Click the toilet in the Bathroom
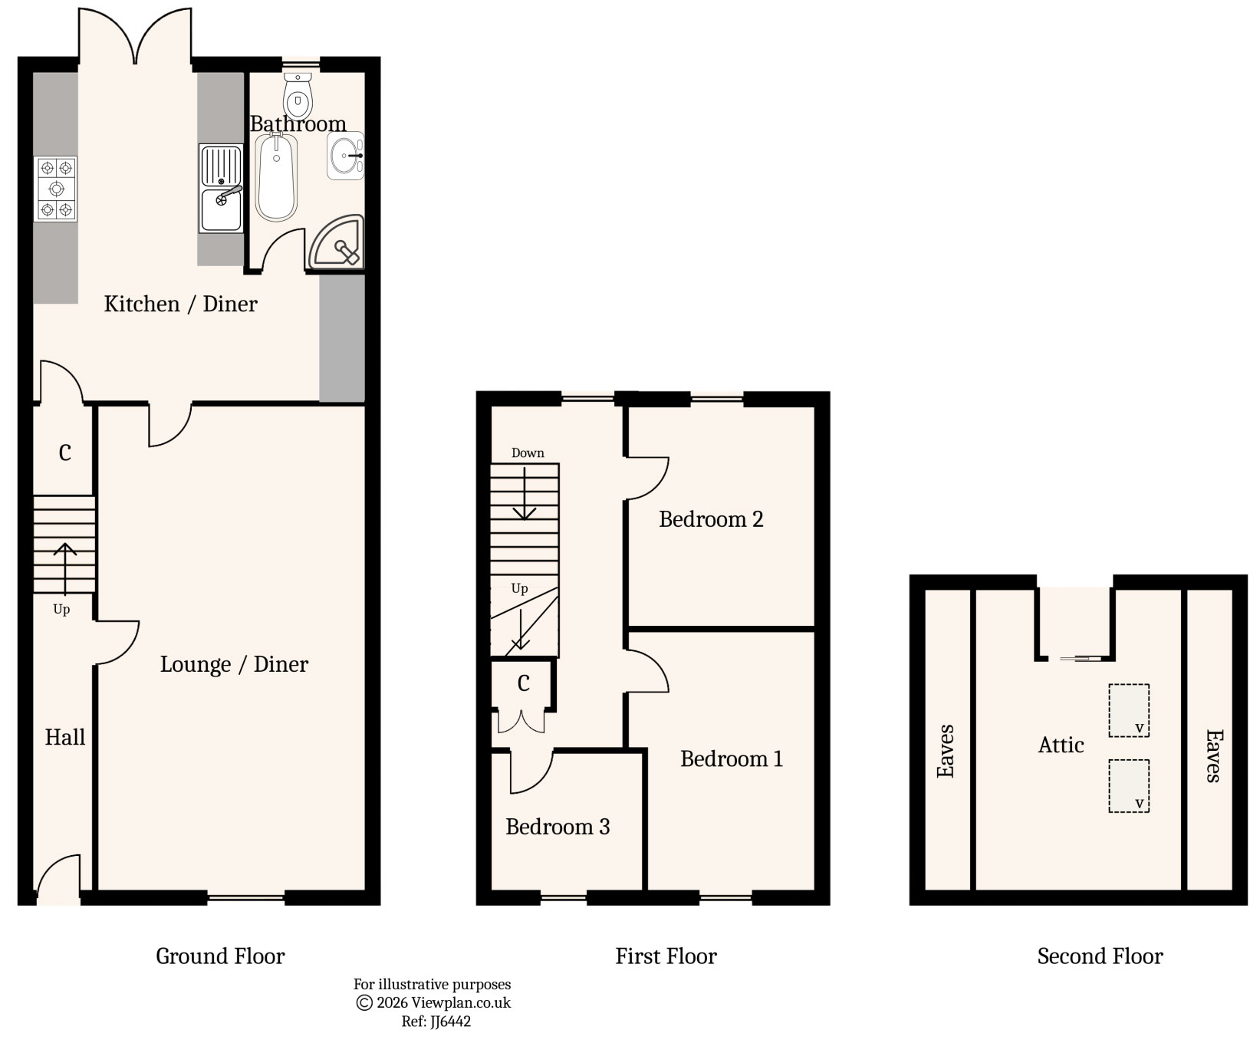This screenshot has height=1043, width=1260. coord(298,96)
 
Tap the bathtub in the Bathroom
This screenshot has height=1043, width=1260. coord(276,176)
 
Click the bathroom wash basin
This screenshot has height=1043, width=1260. coord(345,156)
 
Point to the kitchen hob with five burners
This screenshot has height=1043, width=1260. coord(56,189)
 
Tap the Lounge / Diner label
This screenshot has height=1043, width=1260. coord(234,664)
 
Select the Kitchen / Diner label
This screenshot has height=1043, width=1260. coord(180,304)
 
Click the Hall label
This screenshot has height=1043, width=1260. coord(64,738)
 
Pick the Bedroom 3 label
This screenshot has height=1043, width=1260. coord(558,827)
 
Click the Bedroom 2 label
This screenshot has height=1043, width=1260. coord(711,519)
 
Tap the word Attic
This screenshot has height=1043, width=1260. coord(1061,745)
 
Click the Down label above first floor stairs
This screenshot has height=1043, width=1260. coord(528,452)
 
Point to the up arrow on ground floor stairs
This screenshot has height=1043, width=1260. coord(64,568)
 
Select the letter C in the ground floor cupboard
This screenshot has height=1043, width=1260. coord(64,453)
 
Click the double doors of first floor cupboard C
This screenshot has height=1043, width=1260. coord(521,722)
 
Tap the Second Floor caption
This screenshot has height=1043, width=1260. coord(1100,956)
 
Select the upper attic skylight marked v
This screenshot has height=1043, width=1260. coord(1129,710)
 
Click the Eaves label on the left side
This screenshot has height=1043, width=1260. coord(946,751)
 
